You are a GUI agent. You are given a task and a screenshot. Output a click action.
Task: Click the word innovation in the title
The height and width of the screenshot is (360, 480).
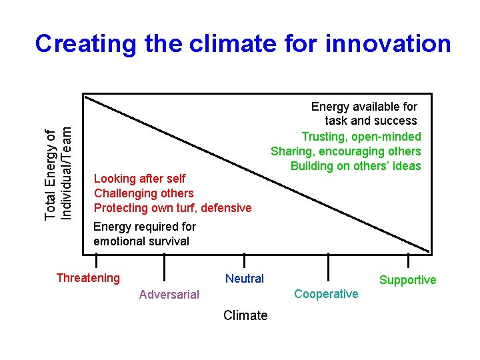point(388,43)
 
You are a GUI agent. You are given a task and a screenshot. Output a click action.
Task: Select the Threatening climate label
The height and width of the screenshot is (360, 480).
point(88,278)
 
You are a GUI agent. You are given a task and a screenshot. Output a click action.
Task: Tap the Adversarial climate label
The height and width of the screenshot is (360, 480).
point(169,295)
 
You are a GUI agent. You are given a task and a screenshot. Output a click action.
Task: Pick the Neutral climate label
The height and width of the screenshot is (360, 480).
point(245,279)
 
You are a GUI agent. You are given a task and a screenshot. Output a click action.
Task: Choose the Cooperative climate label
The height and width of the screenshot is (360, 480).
point(326,294)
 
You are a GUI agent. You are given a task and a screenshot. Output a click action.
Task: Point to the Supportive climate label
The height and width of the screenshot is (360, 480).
point(407,280)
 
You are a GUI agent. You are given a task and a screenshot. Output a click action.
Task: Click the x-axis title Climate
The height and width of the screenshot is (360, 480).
point(245,315)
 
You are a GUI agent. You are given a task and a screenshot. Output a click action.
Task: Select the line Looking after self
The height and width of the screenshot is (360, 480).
point(140,179)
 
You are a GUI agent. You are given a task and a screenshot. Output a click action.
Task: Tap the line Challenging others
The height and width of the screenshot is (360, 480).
point(144,193)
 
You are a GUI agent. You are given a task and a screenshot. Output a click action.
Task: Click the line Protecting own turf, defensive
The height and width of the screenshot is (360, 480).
point(173,208)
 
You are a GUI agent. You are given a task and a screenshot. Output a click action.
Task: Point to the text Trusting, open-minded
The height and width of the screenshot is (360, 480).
point(361,137)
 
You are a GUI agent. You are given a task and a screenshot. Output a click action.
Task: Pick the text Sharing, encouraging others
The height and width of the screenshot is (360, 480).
point(346,151)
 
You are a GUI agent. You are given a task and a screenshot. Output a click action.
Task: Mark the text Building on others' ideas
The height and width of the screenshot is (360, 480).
point(356,166)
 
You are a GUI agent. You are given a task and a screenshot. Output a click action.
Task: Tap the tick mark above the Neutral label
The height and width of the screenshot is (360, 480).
point(245,261)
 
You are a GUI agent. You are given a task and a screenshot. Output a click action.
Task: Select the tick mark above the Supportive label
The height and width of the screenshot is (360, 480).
point(408,262)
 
